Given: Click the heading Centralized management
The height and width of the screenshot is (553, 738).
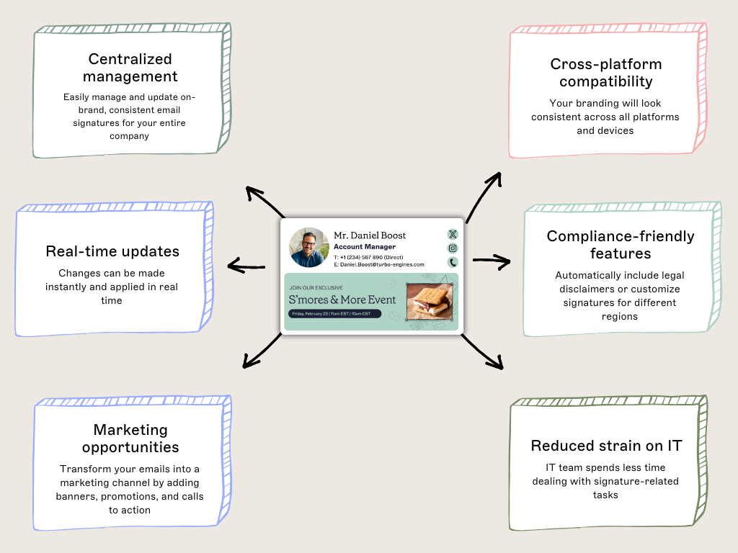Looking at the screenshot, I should click(130, 68).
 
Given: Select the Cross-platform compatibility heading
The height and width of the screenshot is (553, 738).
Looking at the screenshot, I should click(605, 73).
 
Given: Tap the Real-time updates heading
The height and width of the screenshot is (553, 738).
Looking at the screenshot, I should click(112, 251).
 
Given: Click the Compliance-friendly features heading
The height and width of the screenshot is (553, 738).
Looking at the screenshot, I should click(620, 245).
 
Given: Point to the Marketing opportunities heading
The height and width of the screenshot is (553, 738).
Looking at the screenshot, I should click(130, 439).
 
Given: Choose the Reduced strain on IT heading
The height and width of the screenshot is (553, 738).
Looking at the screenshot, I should click(605, 446).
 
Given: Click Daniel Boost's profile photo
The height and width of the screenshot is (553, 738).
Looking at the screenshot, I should click(309, 248).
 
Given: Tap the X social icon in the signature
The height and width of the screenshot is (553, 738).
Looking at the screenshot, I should click(453, 234).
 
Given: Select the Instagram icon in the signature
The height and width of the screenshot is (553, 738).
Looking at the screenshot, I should click(453, 248).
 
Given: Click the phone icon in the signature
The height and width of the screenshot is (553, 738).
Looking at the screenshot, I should click(453, 263).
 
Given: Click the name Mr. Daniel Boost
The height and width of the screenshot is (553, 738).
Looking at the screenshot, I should click(370, 235).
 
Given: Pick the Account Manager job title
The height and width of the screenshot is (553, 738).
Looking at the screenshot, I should click(365, 247).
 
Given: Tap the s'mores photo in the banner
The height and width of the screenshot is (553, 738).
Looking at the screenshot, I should click(430, 301).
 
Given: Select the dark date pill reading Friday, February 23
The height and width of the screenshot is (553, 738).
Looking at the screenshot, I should click(334, 314).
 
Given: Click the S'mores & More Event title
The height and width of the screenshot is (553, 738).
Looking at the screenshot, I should click(342, 300).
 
